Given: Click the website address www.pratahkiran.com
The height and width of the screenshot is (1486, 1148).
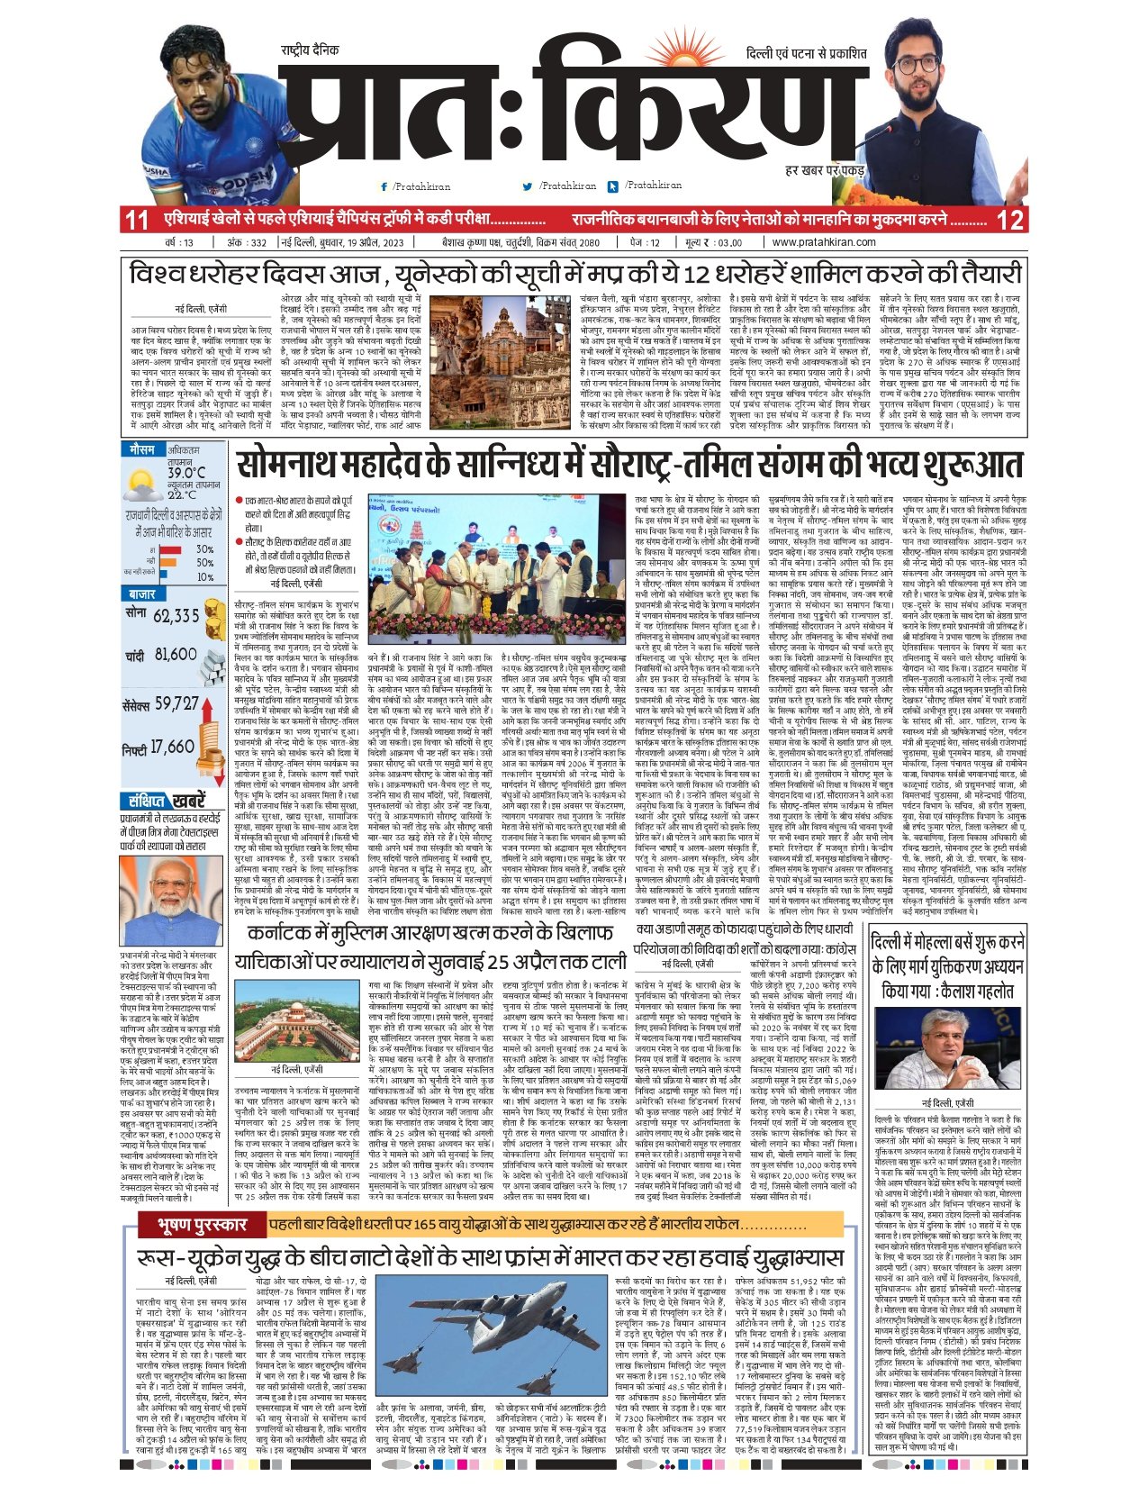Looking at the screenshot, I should click(x=824, y=242).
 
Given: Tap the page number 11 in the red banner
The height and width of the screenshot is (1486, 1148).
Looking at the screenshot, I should click(x=136, y=219).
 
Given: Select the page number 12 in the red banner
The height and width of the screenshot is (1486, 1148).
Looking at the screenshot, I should click(x=1011, y=219).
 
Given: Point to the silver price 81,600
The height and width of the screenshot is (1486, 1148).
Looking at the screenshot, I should click(x=175, y=655).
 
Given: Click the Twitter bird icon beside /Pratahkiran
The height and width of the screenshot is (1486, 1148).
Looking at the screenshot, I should click(x=529, y=186).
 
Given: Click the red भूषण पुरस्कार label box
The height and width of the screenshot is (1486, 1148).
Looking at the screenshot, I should click(x=194, y=1226).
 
